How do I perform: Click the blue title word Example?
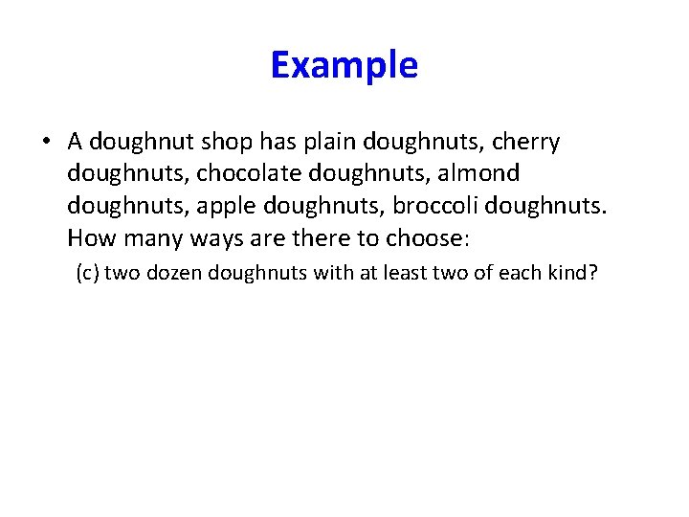[x=344, y=66]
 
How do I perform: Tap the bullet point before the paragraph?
[x=46, y=143]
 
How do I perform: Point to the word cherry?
[x=525, y=143]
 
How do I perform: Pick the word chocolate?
[x=238, y=173]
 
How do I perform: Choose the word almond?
[x=480, y=173]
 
